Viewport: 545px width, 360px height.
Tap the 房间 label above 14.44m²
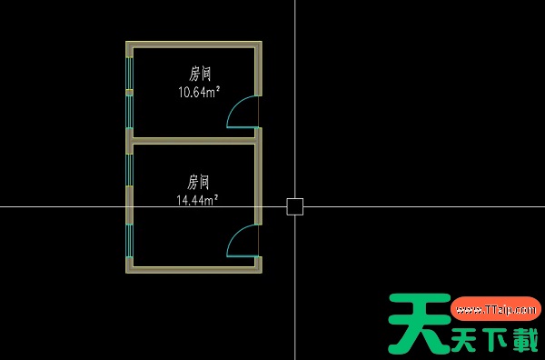click(199, 180)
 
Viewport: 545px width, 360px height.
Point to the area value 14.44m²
click(198, 198)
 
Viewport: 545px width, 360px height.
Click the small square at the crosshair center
click(295, 206)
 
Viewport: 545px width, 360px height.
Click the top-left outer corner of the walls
click(126, 42)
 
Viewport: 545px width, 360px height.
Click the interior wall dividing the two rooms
click(193, 141)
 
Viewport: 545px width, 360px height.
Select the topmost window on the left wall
click(130, 72)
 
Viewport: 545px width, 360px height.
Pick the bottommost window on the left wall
click(130, 239)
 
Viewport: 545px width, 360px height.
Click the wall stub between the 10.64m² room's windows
click(130, 92)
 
